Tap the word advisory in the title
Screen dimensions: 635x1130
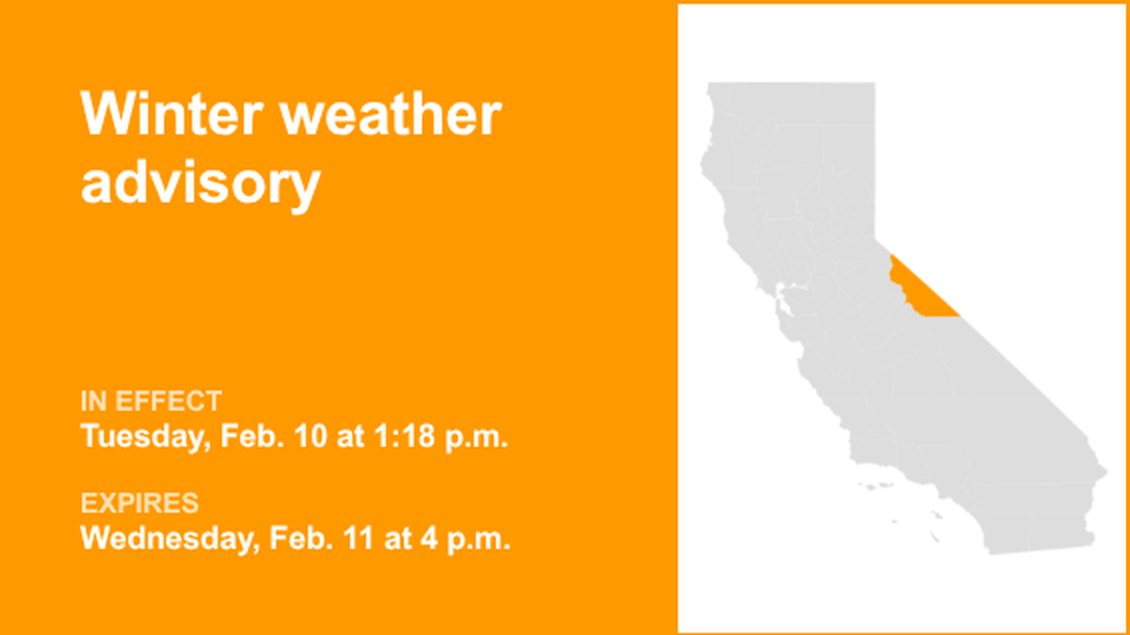200,183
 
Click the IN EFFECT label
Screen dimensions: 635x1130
151,402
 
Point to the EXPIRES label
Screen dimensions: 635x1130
140,503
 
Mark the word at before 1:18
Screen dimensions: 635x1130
353,436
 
